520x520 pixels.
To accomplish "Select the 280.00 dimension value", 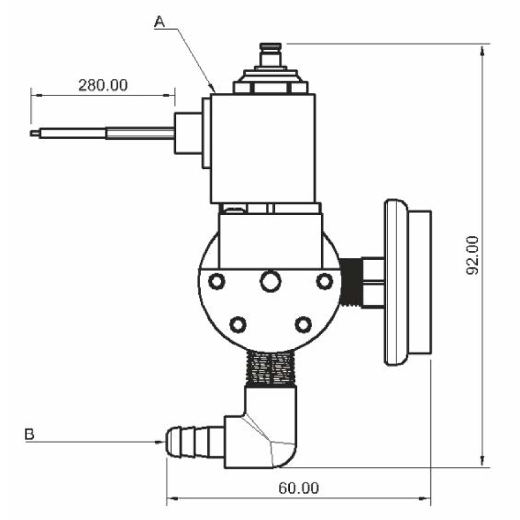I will pos(103,84).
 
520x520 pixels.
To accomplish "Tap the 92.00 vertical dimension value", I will pos(473,255).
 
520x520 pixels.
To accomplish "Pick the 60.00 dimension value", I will pos(298,487).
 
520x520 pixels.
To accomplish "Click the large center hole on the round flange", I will pos(269,281).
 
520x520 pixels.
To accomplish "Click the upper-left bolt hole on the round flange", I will pos(216,281).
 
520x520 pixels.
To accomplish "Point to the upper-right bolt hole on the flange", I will pos(324,281).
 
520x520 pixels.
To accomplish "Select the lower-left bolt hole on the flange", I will pos(239,323).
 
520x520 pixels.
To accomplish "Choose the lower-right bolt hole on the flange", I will pos(303,323).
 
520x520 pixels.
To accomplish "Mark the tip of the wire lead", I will pos(34,133).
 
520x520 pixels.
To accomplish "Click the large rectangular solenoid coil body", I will pos(263,148).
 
